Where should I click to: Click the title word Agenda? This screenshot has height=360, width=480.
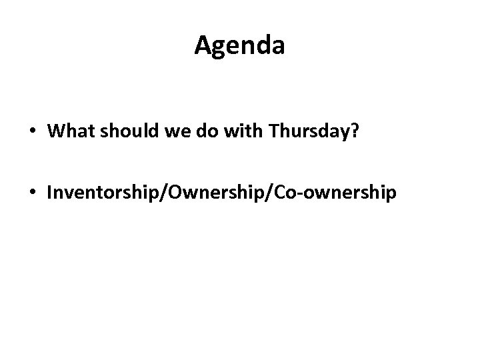pos(240,46)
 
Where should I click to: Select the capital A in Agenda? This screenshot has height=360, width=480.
pos(203,46)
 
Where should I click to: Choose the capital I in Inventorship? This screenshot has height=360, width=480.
pos(49,193)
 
